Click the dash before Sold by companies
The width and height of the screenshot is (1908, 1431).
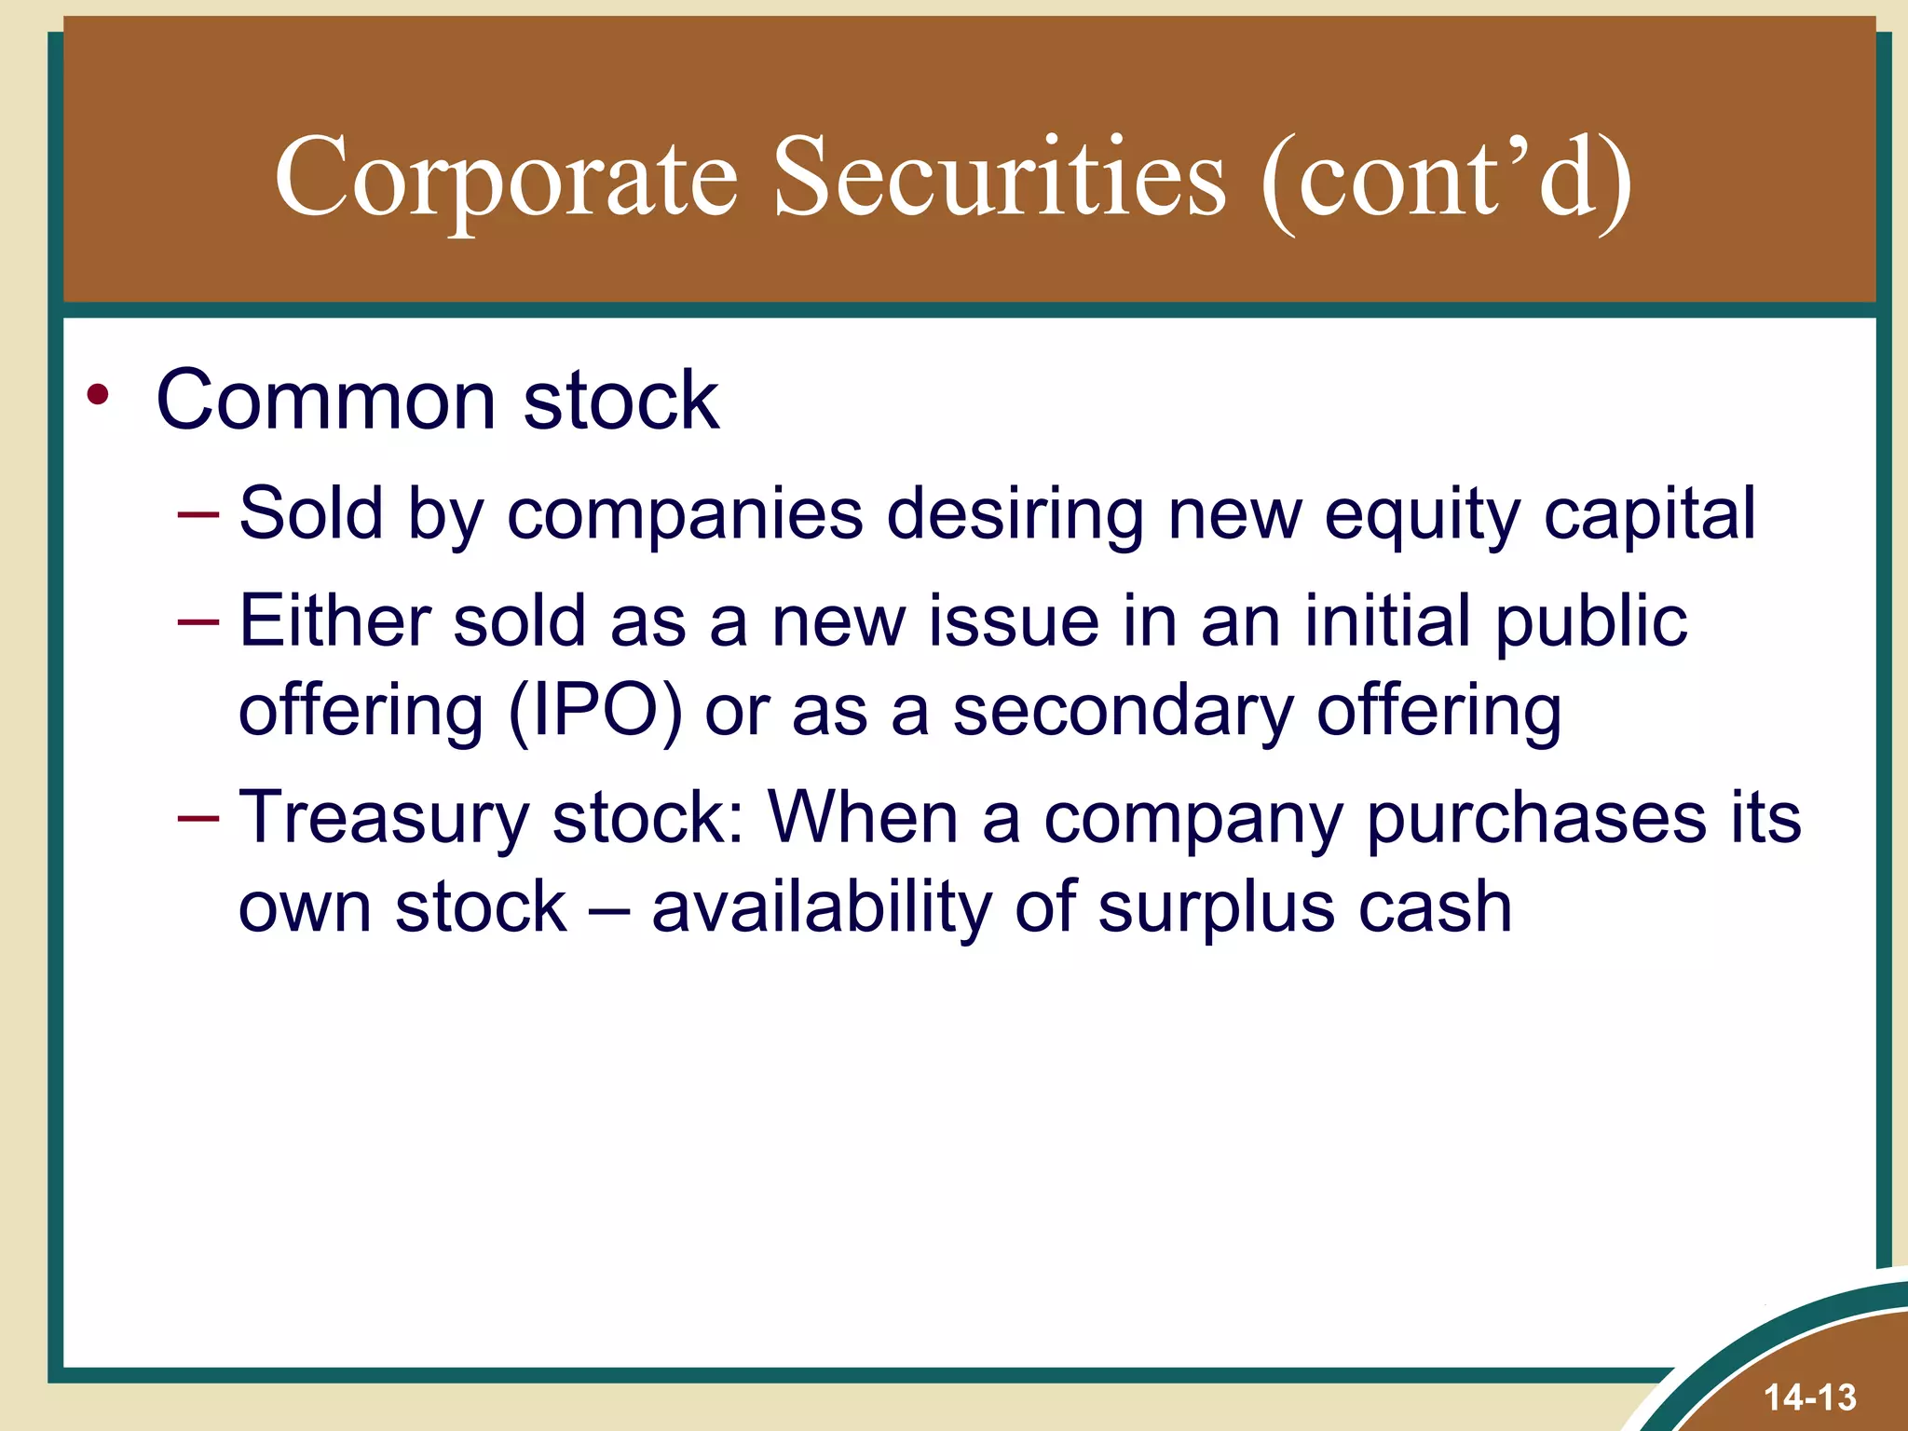pos(198,513)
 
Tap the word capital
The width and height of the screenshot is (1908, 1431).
pos(1650,513)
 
